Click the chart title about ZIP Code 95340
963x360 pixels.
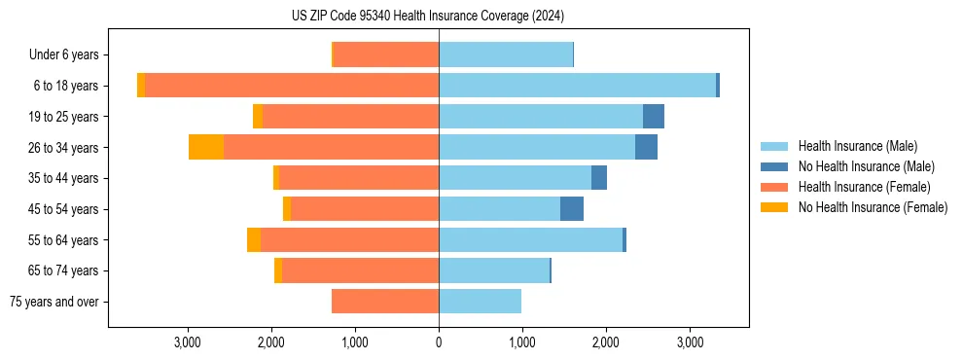click(x=428, y=16)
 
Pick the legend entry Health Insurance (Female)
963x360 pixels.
click(x=858, y=187)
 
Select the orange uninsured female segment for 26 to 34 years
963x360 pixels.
click(x=206, y=147)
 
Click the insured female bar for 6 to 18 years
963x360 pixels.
click(x=292, y=86)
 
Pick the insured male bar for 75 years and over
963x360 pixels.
click(x=480, y=302)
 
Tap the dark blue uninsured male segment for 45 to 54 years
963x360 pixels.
click(x=572, y=209)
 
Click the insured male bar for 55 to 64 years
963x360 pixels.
click(x=530, y=239)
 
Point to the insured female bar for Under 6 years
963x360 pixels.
click(x=386, y=54)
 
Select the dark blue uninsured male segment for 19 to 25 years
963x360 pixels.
click(x=654, y=117)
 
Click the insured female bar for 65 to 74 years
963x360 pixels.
click(x=360, y=270)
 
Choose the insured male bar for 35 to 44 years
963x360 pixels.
click(x=515, y=178)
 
